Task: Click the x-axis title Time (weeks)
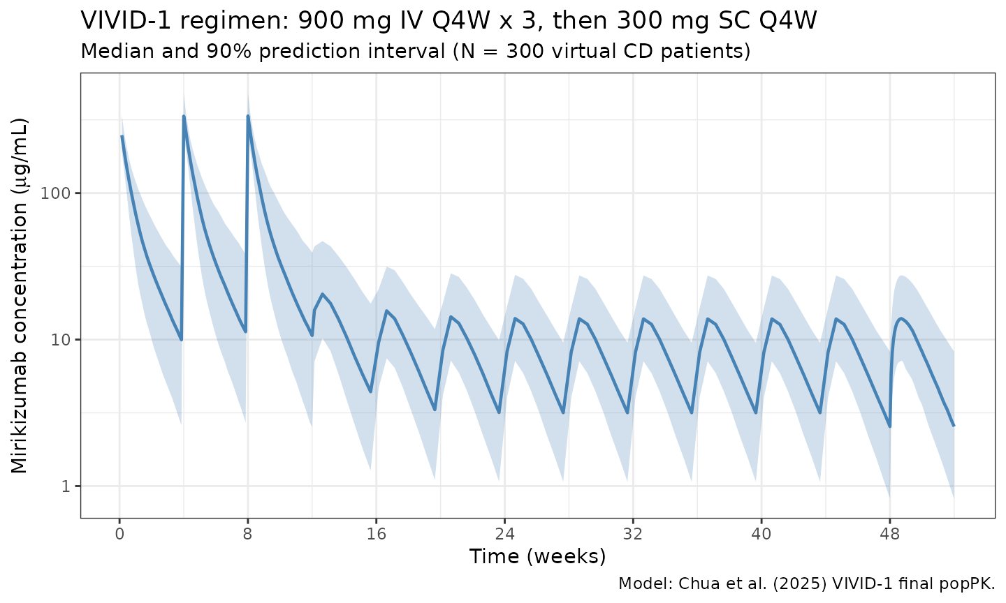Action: [537, 557]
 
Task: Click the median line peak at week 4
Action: [184, 117]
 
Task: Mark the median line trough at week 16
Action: [370, 392]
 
